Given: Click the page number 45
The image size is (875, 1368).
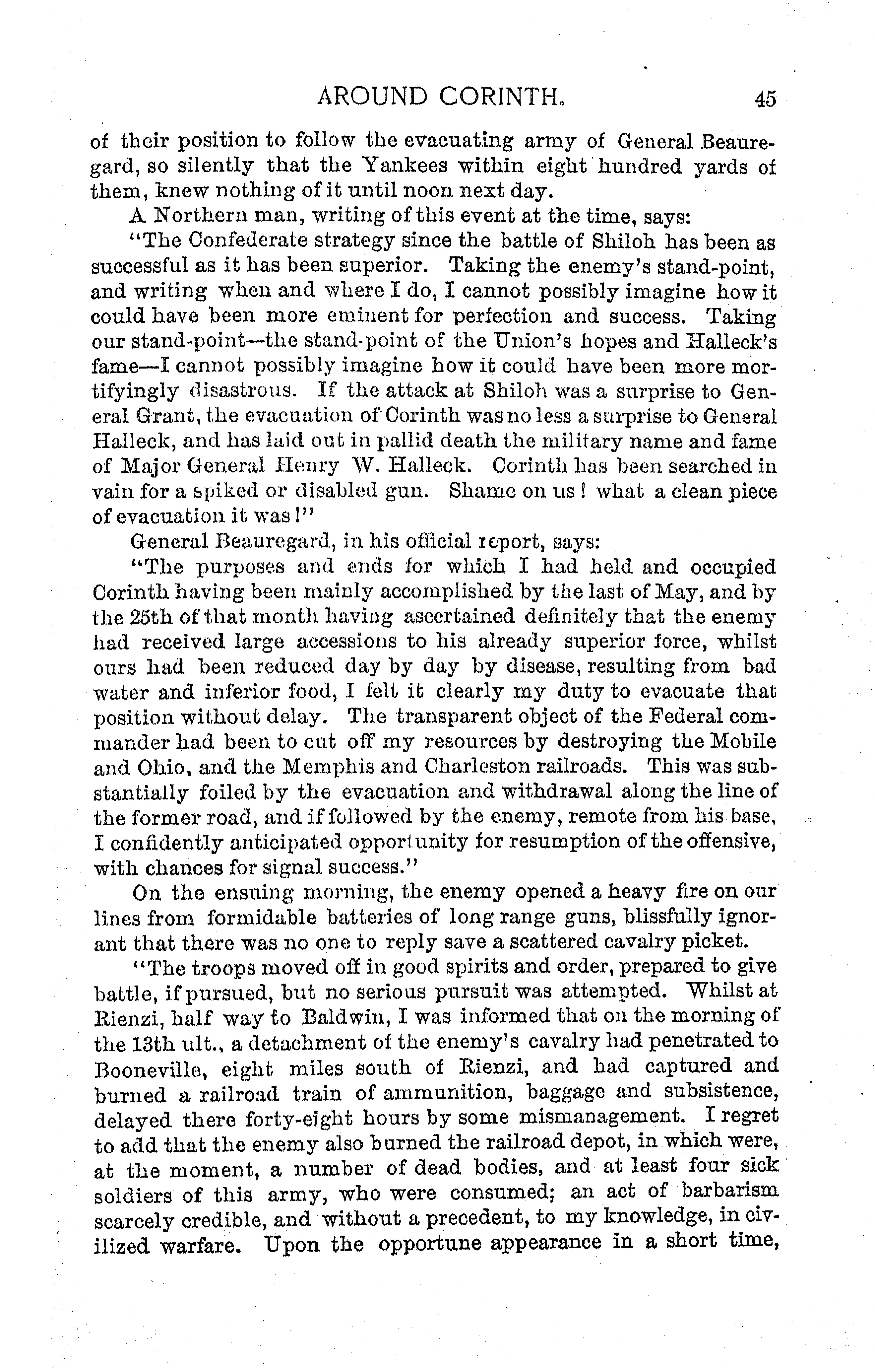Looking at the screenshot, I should [x=765, y=99].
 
